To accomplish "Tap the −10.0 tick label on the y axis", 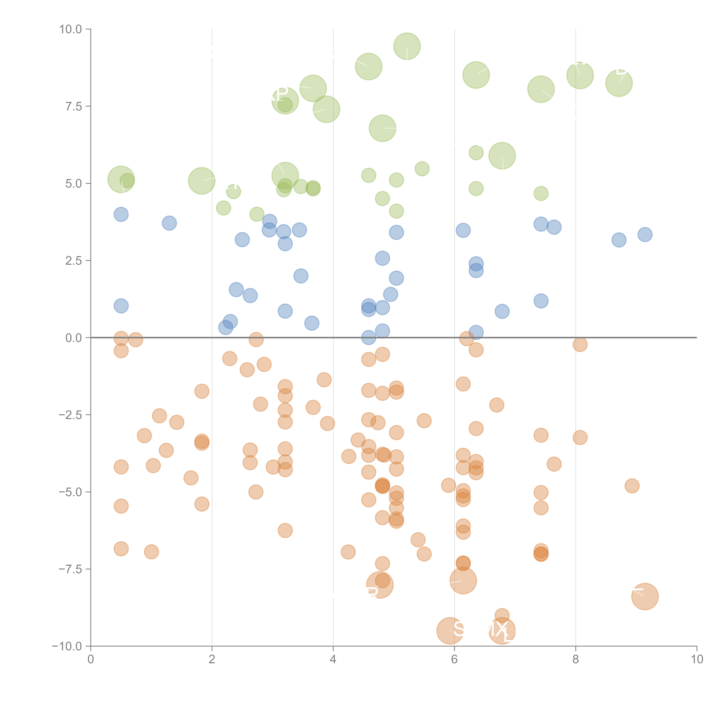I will tap(67, 646).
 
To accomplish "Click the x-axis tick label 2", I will tap(212, 659).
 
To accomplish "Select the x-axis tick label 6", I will tap(454, 659).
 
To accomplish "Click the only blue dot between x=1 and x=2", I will tap(169, 223).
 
